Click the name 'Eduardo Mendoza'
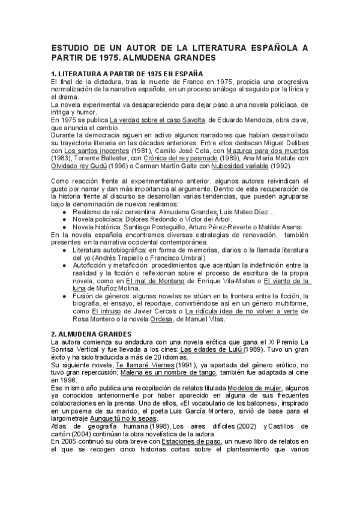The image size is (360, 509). coord(245,119)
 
